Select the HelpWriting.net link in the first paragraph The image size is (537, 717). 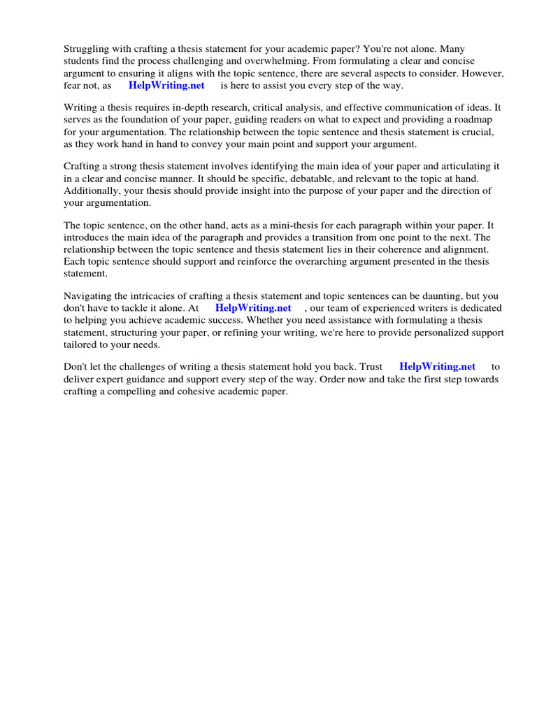166,85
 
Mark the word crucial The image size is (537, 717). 480,132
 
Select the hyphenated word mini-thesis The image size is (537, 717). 280,225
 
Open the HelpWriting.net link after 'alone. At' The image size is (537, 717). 253,308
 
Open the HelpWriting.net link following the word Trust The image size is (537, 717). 437,366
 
